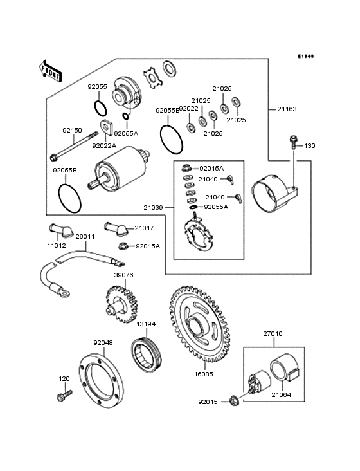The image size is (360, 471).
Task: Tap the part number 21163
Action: (287, 109)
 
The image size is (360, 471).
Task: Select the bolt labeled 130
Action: (293, 141)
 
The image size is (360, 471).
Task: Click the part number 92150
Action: (72, 130)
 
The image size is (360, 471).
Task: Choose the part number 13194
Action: (145, 324)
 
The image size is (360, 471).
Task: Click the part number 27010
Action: (273, 334)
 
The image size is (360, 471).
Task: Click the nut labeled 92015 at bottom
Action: (234, 403)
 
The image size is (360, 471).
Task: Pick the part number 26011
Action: (85, 236)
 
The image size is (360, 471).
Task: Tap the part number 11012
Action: (56, 245)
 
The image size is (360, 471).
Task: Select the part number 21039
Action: (154, 207)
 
